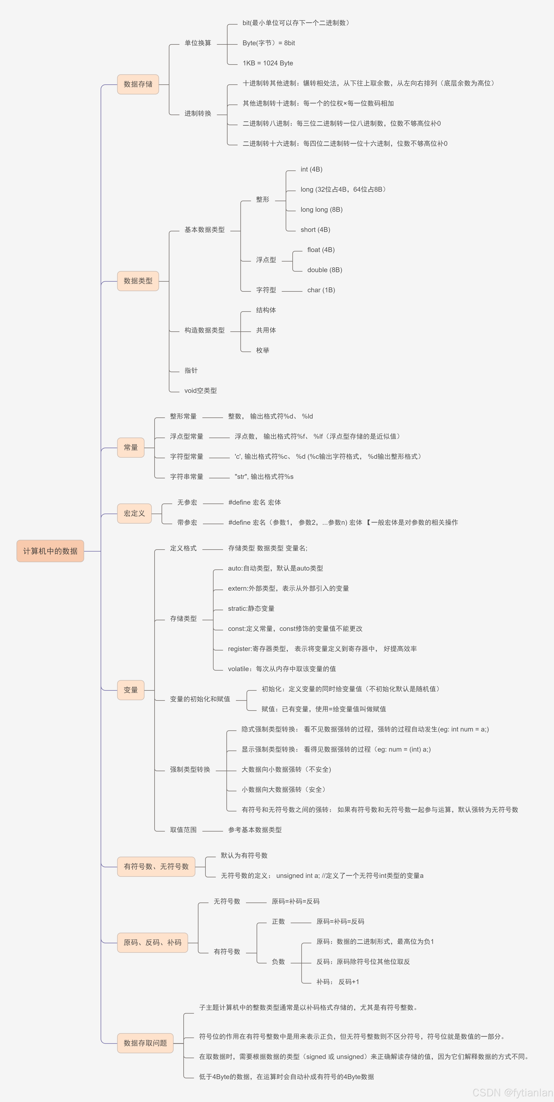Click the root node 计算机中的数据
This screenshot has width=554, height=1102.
tap(50, 551)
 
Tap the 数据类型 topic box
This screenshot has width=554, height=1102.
tap(138, 281)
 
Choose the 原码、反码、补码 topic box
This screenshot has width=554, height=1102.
tap(152, 942)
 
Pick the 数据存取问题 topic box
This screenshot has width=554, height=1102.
tap(145, 1043)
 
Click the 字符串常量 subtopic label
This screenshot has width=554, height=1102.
tap(187, 476)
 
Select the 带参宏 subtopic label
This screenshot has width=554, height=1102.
tap(187, 522)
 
